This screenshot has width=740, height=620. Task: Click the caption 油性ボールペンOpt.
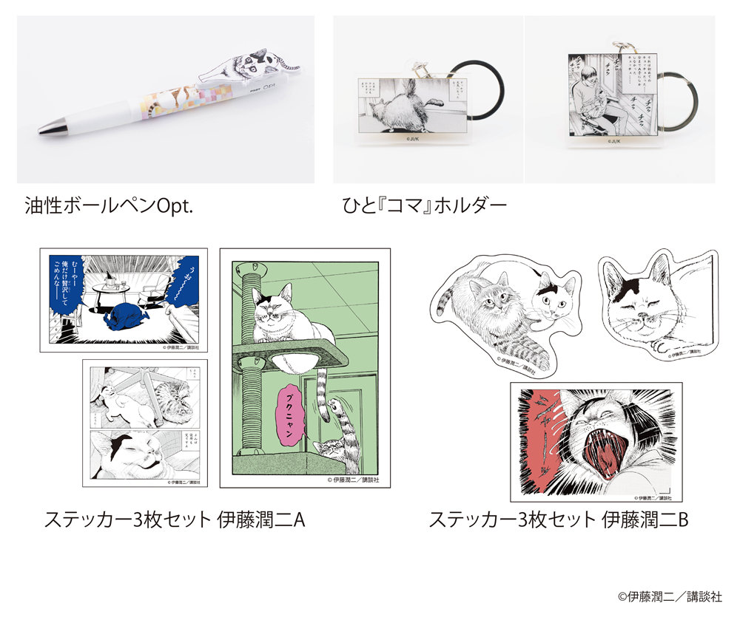[x=109, y=205]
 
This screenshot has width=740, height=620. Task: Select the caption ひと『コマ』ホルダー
[x=420, y=205]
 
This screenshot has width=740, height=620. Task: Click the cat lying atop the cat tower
[x=281, y=314]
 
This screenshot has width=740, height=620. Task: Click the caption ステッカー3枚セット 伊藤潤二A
[x=175, y=519]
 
